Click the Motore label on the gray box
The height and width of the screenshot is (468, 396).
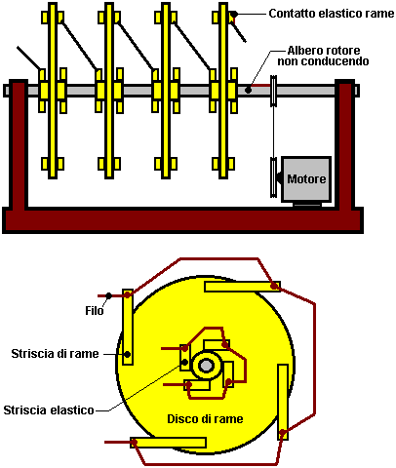click(306, 179)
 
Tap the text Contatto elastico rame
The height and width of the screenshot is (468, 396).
click(332, 14)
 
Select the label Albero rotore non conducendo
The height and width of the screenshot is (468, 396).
click(323, 56)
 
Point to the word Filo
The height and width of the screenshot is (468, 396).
click(95, 311)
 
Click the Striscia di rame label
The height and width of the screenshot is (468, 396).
click(55, 354)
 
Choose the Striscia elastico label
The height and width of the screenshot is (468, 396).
click(49, 410)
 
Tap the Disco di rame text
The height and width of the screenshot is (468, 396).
click(205, 419)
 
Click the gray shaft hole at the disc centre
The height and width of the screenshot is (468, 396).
click(205, 366)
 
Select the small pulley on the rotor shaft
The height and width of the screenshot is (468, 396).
click(273, 91)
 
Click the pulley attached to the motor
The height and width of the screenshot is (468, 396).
click(274, 177)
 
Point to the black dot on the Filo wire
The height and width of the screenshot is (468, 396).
click(109, 295)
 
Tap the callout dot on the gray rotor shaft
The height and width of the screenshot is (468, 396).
click(248, 90)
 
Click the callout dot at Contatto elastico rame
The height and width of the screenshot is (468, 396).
click(234, 14)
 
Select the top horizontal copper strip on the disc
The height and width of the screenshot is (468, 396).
click(242, 287)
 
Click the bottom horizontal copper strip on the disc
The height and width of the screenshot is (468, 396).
click(168, 443)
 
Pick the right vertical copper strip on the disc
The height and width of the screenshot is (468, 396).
click(283, 402)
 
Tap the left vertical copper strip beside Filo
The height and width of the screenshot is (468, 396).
click(128, 327)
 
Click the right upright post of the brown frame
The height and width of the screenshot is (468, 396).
click(345, 144)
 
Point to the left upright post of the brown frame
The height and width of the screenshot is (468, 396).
click(19, 144)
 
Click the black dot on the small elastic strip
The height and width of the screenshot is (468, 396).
click(184, 362)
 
